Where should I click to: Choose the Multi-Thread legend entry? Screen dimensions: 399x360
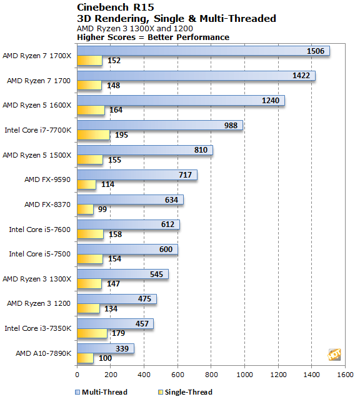[x=104, y=392]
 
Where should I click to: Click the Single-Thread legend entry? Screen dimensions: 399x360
[x=187, y=392]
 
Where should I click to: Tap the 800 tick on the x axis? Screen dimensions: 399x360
[x=211, y=375]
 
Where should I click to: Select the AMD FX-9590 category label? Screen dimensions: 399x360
[x=48, y=179]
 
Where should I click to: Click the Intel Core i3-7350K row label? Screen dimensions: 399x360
[x=38, y=328]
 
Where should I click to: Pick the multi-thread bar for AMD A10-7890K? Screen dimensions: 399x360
[x=105, y=348]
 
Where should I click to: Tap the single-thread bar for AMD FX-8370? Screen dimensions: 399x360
[x=85, y=210]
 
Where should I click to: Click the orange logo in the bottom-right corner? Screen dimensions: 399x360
[x=334, y=355]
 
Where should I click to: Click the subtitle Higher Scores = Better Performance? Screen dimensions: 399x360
[x=152, y=37]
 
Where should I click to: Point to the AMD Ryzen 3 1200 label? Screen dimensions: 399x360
[x=39, y=303]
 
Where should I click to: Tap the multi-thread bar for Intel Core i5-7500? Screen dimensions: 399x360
[x=127, y=250]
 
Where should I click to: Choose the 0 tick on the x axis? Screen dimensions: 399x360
[x=77, y=375]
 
